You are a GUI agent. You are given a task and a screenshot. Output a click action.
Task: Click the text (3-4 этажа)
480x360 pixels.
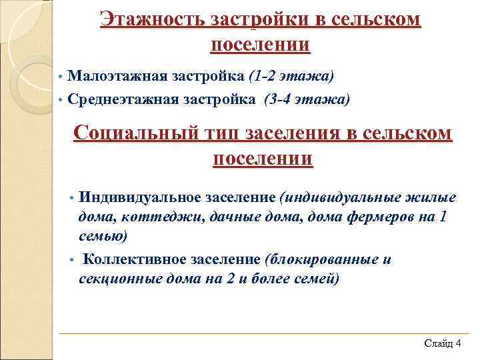tap(306, 99)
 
